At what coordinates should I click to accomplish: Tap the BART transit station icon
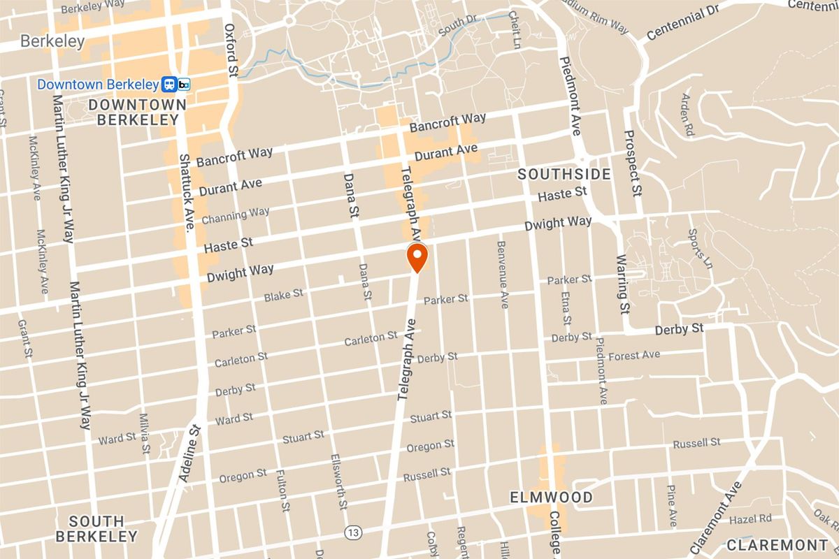(x=176, y=85)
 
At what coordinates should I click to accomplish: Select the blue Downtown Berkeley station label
(x=97, y=85)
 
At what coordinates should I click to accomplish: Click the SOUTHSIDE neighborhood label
(x=565, y=174)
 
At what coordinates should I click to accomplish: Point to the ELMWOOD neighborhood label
(x=551, y=498)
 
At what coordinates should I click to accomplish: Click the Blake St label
(x=283, y=296)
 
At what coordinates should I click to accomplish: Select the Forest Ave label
(x=634, y=356)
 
